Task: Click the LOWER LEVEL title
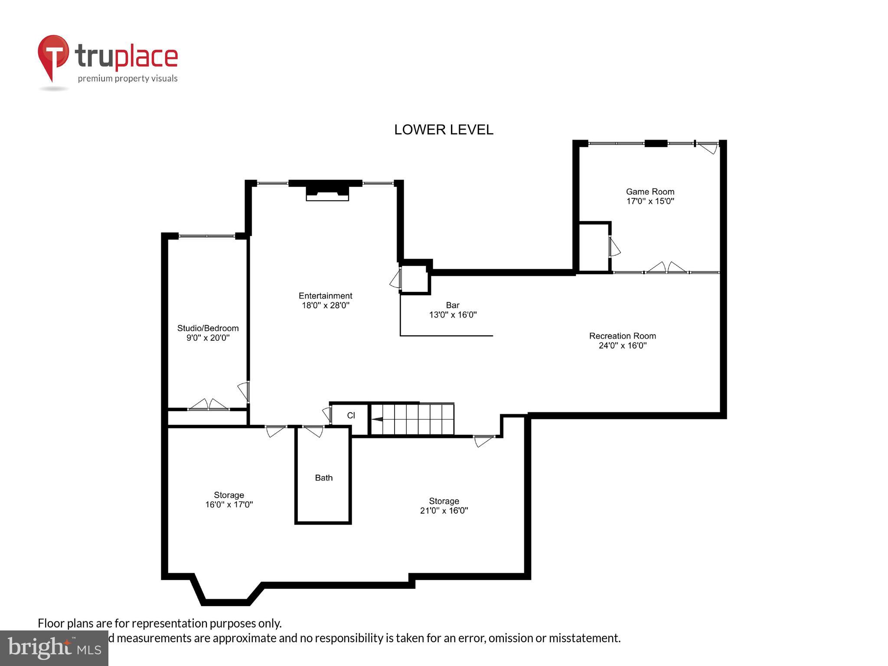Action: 444,130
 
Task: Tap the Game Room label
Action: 650,192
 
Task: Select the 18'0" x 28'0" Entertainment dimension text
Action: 325,305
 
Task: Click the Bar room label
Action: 452,305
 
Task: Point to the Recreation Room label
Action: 622,336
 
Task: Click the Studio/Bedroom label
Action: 208,328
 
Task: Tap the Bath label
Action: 323,478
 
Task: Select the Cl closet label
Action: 351,415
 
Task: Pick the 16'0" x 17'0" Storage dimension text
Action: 229,505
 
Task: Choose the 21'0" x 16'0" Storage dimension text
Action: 444,511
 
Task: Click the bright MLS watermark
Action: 54,648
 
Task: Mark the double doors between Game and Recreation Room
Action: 666,269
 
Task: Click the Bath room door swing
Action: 314,431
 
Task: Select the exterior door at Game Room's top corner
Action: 708,147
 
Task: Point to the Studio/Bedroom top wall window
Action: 207,236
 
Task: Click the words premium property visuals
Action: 127,78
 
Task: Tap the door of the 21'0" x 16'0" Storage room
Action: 483,441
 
